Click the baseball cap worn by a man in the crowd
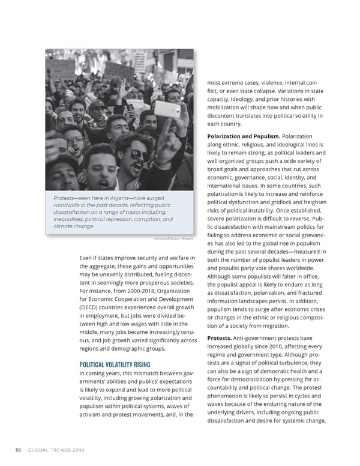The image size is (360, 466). click(x=98, y=104)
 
